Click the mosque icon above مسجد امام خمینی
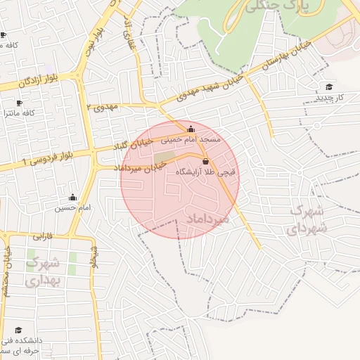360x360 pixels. [x=191, y=129]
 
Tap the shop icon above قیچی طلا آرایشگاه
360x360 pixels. [x=205, y=161]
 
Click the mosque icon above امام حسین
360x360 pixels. [x=73, y=198]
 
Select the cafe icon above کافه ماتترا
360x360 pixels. [x=19, y=103]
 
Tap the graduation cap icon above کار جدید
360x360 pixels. [x=328, y=86]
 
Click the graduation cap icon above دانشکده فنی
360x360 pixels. [x=18, y=330]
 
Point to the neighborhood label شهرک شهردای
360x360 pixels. [x=307, y=219]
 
